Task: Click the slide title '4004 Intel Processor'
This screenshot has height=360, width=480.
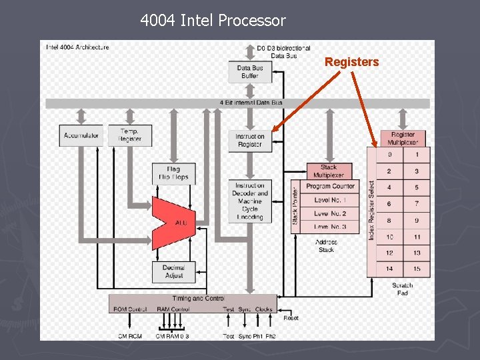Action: pyautogui.click(x=213, y=21)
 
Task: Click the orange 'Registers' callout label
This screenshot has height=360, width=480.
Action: pyautogui.click(x=351, y=62)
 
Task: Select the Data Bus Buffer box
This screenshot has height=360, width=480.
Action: pyautogui.click(x=250, y=72)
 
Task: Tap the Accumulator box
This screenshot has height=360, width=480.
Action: pyautogui.click(x=82, y=135)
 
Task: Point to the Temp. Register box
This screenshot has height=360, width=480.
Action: pyautogui.click(x=130, y=135)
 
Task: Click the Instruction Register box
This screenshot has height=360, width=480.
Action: pyautogui.click(x=250, y=140)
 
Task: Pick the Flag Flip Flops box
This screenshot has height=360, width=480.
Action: pyautogui.click(x=173, y=173)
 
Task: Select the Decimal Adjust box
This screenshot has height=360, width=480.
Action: pyautogui.click(x=173, y=271)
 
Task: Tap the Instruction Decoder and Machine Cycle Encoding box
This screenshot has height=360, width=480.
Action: pyautogui.click(x=250, y=201)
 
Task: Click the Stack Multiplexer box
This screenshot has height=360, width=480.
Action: pyautogui.click(x=329, y=171)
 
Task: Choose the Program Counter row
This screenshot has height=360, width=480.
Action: pyautogui.click(x=330, y=187)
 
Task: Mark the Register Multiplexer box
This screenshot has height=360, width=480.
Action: pyautogui.click(x=403, y=138)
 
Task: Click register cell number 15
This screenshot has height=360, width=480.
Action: pyautogui.click(x=417, y=269)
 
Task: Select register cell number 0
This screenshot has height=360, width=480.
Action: pyautogui.click(x=389, y=155)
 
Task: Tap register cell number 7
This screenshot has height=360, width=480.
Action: pyautogui.click(x=417, y=204)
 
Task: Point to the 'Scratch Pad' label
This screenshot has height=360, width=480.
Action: pyautogui.click(x=402, y=289)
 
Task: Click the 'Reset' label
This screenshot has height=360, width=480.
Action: pyautogui.click(x=291, y=318)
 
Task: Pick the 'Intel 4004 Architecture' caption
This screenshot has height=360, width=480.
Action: pyautogui.click(x=77, y=47)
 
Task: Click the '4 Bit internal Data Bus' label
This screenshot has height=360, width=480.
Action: pyautogui.click(x=251, y=103)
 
